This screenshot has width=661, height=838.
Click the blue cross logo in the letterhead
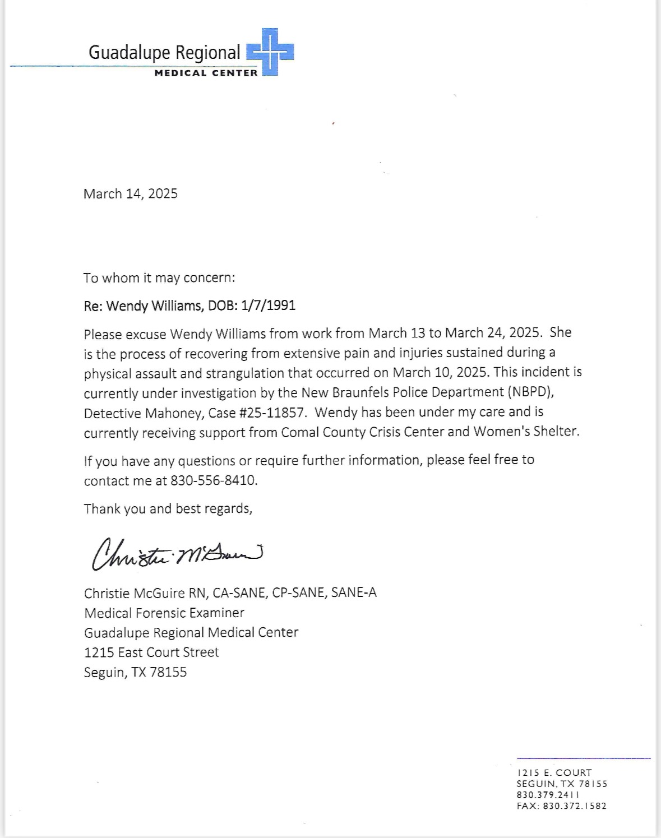(270, 52)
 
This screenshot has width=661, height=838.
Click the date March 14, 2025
(131, 194)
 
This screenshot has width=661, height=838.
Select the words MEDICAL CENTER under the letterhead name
(206, 73)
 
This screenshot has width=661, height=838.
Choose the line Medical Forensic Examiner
(164, 613)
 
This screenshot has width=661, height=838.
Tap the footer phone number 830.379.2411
(548, 795)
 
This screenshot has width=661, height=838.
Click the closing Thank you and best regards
(168, 509)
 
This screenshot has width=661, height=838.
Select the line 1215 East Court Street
(151, 652)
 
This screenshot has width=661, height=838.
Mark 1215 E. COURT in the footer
(554, 772)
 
